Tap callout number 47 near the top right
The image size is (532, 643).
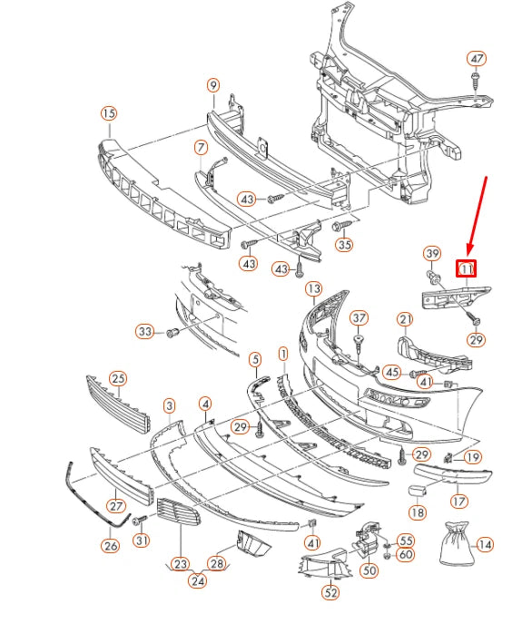click(478, 59)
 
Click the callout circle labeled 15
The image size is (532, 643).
click(109, 113)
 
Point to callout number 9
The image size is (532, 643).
click(213, 85)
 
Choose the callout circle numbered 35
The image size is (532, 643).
click(344, 245)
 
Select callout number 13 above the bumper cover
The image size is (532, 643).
click(313, 288)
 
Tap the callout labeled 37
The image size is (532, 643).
click(360, 317)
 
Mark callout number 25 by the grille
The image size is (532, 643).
click(118, 377)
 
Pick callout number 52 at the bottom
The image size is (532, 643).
click(331, 593)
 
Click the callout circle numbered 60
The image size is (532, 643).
click(405, 555)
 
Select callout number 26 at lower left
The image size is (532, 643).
click(110, 546)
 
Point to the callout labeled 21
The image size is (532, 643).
click(405, 318)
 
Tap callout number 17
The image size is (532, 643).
click(459, 500)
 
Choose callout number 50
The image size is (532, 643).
click(369, 570)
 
